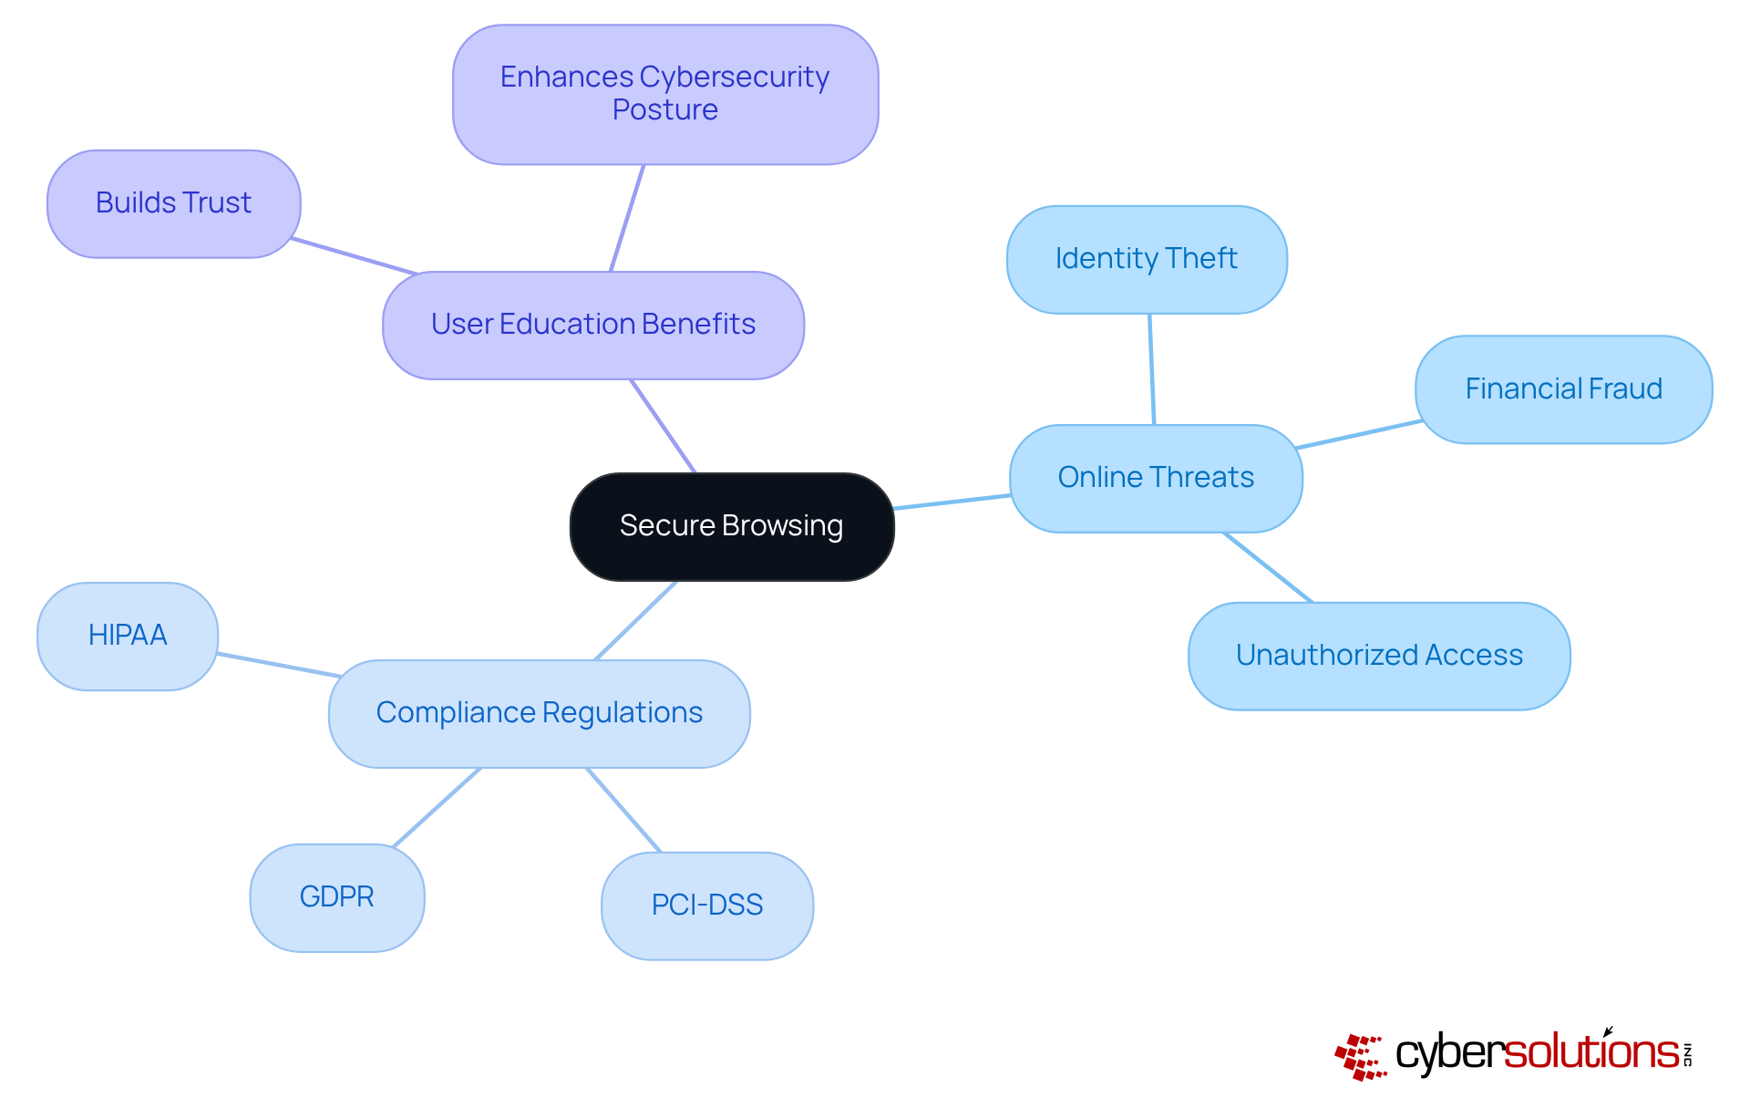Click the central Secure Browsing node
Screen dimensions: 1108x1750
click(x=731, y=526)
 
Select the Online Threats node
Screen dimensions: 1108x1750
click(x=1156, y=478)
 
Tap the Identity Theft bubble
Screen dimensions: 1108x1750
click(x=1147, y=259)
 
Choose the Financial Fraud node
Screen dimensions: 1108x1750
click(x=1563, y=389)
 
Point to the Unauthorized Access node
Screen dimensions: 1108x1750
click(x=1379, y=656)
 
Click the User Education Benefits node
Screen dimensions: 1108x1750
click(x=593, y=325)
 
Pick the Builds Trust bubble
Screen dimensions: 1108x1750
click(x=173, y=203)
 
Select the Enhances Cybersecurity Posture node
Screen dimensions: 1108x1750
click(x=665, y=94)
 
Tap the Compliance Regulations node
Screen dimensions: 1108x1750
click(x=540, y=713)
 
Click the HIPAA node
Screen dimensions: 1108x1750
click(x=128, y=636)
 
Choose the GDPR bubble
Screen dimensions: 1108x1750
click(x=337, y=897)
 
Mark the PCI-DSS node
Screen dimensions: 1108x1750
click(x=707, y=906)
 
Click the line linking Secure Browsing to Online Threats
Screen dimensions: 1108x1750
click(x=952, y=502)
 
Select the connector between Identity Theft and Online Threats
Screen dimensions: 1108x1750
click(x=1152, y=369)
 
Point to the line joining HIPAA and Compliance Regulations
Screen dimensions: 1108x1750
click(x=279, y=665)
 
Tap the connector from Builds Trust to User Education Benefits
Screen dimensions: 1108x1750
click(x=354, y=256)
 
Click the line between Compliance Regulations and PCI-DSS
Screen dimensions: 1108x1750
click(x=623, y=810)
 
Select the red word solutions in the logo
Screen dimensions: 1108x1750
click(x=1590, y=1052)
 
